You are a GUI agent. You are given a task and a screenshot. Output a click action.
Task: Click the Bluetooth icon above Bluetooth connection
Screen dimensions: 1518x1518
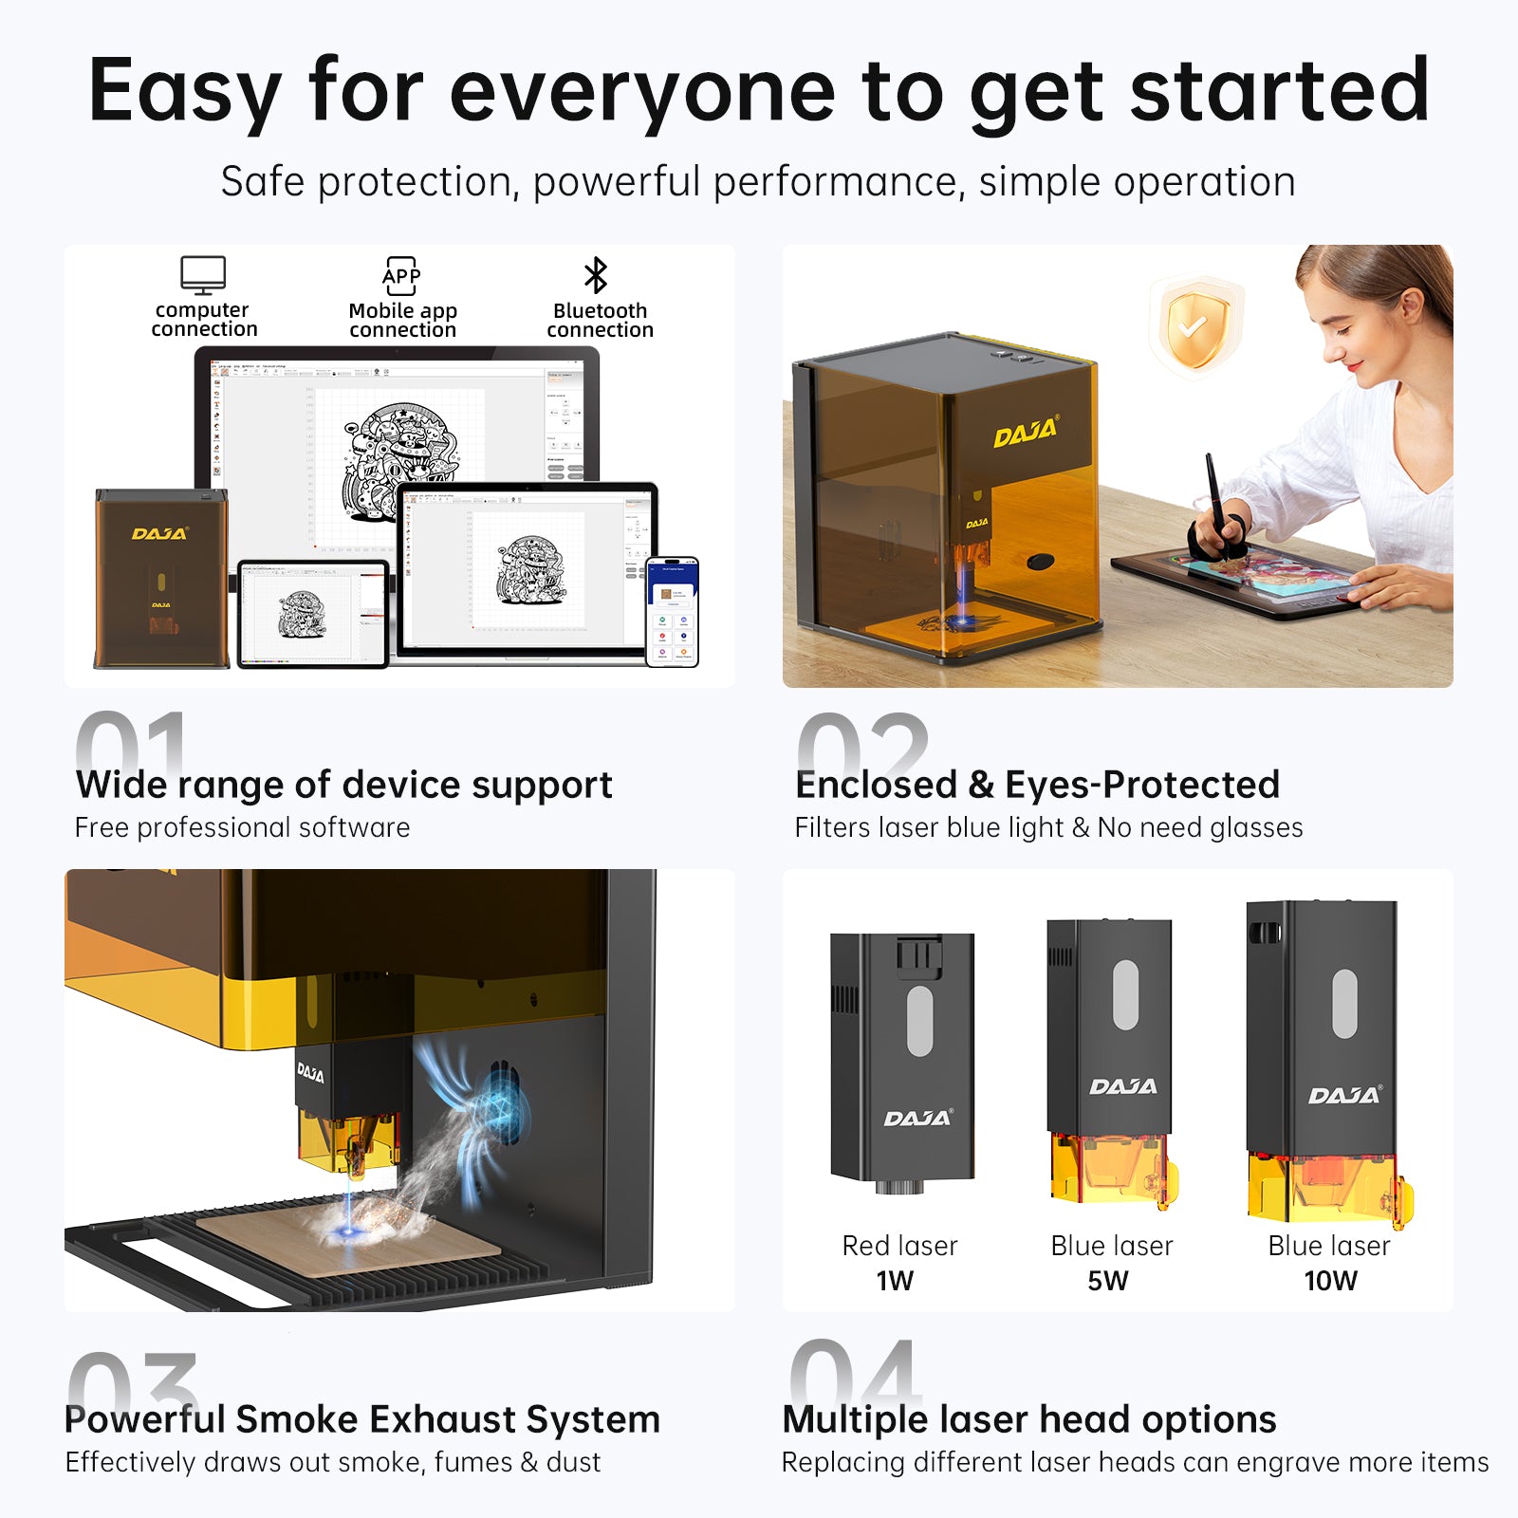coord(596,276)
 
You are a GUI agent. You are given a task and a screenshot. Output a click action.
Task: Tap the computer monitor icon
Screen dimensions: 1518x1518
coord(203,275)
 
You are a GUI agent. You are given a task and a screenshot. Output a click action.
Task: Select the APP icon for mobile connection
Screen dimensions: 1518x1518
coord(401,276)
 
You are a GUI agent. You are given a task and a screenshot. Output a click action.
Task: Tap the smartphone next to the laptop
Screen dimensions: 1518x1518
coord(673,612)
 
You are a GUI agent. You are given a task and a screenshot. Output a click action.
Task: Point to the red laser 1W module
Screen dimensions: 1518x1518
coord(902,1057)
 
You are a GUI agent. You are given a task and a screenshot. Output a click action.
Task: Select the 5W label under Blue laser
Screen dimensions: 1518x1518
coord(1108,1281)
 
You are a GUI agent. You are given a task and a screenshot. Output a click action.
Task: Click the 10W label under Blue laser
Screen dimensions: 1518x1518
coord(1330,1281)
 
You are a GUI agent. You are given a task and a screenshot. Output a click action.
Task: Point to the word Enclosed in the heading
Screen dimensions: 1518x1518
coord(876,785)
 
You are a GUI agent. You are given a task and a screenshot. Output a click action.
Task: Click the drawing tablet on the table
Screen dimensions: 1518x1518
coord(1252,574)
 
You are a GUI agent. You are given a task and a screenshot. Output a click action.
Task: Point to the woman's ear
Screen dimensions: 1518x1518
coord(1410,305)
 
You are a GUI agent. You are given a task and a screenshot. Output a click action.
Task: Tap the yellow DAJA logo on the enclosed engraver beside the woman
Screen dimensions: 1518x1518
coord(1026,433)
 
